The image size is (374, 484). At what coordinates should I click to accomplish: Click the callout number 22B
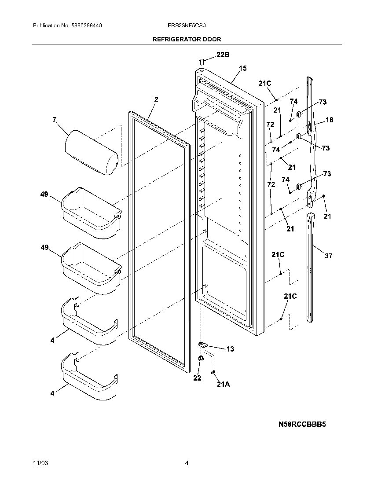[223, 55]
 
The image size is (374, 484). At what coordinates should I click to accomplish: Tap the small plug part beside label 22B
[202, 61]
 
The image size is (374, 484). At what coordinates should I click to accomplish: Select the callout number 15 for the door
[243, 68]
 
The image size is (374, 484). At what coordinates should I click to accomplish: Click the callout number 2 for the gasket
[156, 99]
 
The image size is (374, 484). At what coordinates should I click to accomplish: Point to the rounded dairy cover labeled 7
[92, 152]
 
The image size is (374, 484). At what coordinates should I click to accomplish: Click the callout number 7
[54, 120]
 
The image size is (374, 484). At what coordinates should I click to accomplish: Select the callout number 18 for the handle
[329, 120]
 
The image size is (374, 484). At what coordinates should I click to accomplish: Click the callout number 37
[329, 256]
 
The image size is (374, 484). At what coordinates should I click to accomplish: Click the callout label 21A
[223, 384]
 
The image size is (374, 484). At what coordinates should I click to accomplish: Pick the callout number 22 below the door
[197, 378]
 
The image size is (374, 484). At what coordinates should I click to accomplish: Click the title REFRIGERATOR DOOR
[187, 39]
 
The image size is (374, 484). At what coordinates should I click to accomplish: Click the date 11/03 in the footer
[40, 463]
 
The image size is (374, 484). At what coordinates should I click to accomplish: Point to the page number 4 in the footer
[187, 463]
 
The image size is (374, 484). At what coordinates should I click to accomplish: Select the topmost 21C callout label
[265, 84]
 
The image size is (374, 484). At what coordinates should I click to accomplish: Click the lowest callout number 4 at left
[52, 393]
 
